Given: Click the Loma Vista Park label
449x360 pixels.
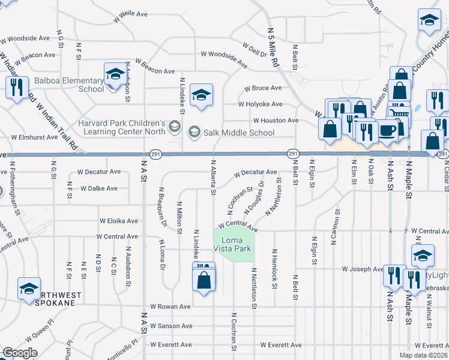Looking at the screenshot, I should (233, 244).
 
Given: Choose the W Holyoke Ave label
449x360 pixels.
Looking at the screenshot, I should (260, 104).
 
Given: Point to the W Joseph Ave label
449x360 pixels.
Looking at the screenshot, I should (363, 269).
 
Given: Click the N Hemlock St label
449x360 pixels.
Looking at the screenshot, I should (274, 269).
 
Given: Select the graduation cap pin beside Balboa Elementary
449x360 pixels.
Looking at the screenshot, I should (114, 74).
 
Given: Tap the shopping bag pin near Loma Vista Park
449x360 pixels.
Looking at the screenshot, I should (204, 280).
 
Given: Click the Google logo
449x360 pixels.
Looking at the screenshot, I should (20, 353).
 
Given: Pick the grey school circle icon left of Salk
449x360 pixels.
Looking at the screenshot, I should (175, 125).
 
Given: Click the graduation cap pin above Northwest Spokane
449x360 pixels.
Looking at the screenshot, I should (29, 288).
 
